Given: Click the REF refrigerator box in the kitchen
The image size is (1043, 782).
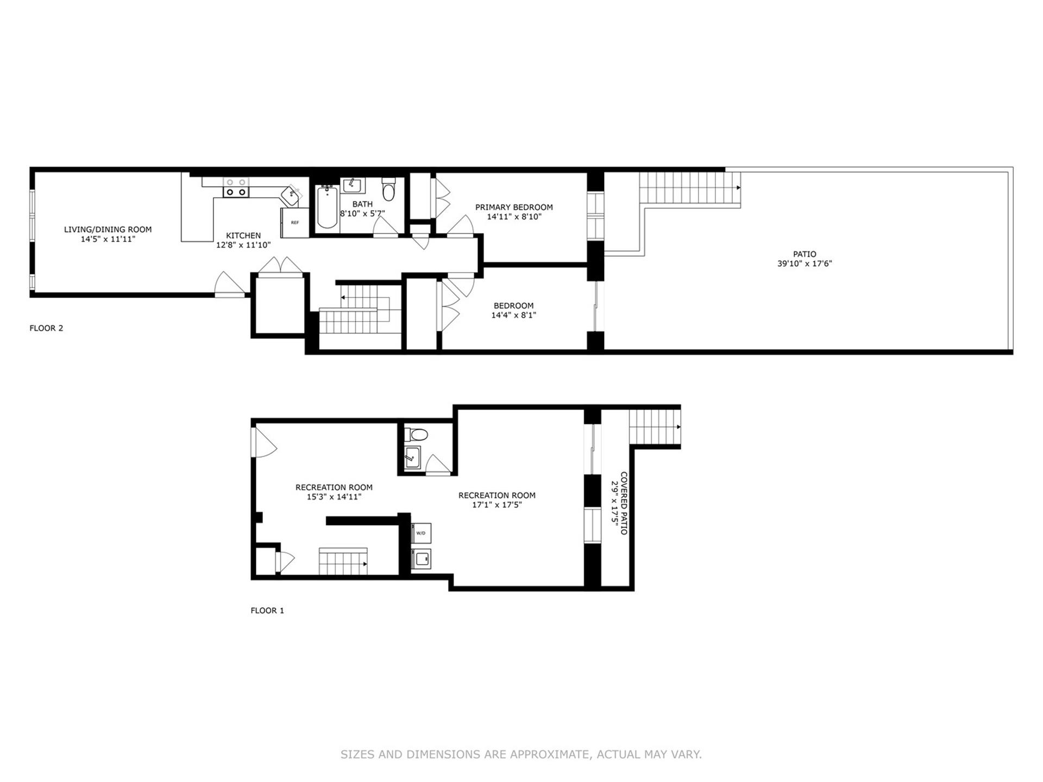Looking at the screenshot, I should [x=294, y=222].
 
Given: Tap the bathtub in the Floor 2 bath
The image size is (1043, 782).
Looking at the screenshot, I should [x=327, y=207].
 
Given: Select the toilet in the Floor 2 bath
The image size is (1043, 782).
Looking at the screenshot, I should [x=388, y=190].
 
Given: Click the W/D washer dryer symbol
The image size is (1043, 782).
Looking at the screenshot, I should [x=421, y=533].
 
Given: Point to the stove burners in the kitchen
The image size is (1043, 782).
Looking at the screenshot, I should [x=236, y=188].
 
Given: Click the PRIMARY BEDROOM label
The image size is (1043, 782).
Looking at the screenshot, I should [x=514, y=207].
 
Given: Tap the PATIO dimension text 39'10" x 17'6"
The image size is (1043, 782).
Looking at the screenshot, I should [x=804, y=264].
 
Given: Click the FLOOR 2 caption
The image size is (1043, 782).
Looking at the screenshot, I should [x=46, y=328].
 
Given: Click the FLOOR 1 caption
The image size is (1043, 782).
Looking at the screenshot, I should [x=267, y=610].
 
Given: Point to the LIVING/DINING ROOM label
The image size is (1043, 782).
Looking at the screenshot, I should [x=108, y=229].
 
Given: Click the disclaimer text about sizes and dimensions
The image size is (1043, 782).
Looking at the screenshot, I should [x=521, y=754].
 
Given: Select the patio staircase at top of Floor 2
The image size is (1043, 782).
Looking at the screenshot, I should [x=689, y=188].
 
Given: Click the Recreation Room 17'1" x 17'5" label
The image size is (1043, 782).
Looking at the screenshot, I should [x=497, y=500].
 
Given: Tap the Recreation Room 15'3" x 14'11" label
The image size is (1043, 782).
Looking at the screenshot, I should [x=334, y=492].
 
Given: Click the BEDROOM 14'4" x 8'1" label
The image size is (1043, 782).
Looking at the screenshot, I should [x=513, y=310].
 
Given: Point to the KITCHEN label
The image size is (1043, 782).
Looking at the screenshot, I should [x=243, y=235].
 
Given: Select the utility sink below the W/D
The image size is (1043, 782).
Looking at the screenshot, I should [x=421, y=559].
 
